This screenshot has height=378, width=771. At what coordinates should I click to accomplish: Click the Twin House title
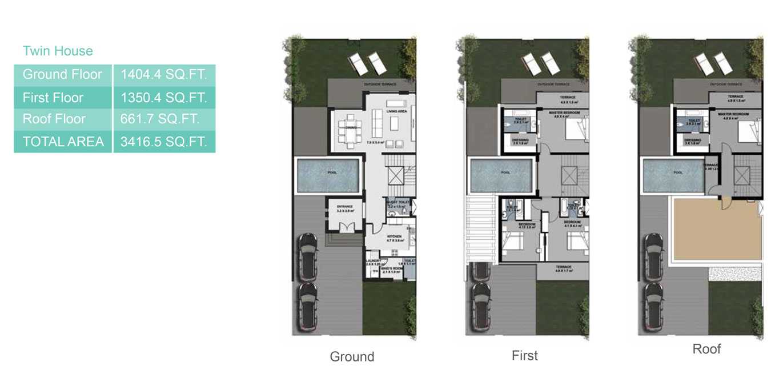pos(58,51)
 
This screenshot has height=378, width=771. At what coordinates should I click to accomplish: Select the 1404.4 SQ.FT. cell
pos(163,74)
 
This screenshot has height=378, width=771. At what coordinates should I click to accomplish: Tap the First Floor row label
pos(53,98)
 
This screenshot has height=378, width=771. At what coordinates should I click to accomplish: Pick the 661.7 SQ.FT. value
pos(160,119)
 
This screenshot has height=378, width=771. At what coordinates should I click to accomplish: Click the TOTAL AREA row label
pos(63,141)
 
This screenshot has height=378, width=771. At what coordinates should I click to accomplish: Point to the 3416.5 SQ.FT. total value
pos(163,141)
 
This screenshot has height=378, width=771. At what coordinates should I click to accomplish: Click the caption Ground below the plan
pos(352,357)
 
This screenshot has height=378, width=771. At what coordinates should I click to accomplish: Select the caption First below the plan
pos(524,356)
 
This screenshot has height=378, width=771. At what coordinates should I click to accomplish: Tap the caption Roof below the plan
pos(706,349)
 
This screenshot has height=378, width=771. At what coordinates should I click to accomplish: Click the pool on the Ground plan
pos(328,176)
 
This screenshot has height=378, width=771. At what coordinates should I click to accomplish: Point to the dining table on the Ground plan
pos(350,128)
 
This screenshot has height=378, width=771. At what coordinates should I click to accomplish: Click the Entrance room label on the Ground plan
pos(344,207)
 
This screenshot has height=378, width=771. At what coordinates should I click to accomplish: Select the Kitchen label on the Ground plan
pos(394,236)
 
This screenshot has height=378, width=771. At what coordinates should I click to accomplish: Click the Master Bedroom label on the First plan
pos(564,112)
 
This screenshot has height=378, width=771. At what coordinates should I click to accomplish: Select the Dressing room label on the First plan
pos(520,139)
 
